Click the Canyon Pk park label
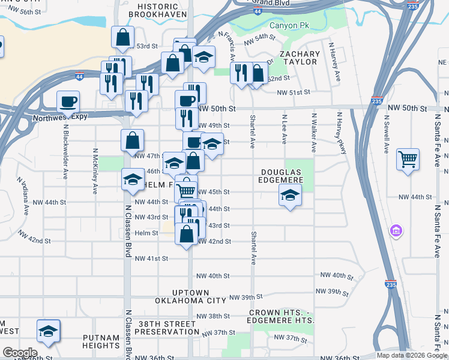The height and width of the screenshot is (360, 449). (x=289, y=26)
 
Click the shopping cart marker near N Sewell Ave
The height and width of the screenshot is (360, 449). (x=408, y=160)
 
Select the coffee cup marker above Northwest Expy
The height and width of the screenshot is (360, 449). (x=68, y=101)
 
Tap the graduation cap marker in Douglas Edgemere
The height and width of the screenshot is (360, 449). (x=290, y=195)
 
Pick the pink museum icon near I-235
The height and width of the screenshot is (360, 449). (x=396, y=230)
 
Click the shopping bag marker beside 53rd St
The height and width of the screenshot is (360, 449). (x=123, y=38)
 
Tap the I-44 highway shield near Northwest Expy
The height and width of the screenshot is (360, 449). (x=80, y=77)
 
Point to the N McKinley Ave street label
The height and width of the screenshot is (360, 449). (x=95, y=172)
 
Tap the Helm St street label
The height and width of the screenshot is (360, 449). (x=146, y=233)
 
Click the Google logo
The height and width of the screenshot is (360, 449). (x=20, y=352)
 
